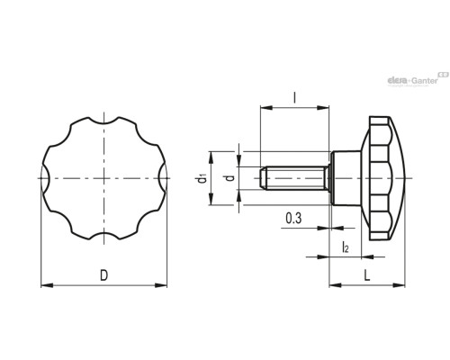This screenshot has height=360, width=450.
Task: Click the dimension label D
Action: pyautogui.click(x=103, y=275)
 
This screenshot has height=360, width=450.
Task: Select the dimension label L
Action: pyautogui.click(x=367, y=275)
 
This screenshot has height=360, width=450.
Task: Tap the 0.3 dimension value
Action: pyautogui.click(x=293, y=218)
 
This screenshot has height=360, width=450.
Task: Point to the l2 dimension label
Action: pyautogui.click(x=346, y=247)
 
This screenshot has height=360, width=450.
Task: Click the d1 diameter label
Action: pyautogui.click(x=202, y=178)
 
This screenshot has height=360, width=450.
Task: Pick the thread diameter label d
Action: pyautogui.click(x=230, y=178)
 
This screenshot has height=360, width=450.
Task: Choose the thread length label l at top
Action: pyautogui.click(x=294, y=97)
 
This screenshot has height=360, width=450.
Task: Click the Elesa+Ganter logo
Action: pyautogui.click(x=418, y=80)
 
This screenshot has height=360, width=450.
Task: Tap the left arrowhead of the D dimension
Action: pyautogui.click(x=47, y=285)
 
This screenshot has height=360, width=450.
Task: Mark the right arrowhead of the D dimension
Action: pyautogui.click(x=161, y=285)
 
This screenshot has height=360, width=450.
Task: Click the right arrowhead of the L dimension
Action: pyautogui.click(x=399, y=284)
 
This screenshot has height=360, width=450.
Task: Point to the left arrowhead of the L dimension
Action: pyautogui.click(x=336, y=284)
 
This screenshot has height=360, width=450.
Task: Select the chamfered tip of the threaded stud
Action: pyautogui.click(x=262, y=178)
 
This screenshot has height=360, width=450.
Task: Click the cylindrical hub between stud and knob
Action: pyautogui.click(x=346, y=178)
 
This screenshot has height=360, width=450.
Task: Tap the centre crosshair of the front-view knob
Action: pyautogui.click(x=103, y=178)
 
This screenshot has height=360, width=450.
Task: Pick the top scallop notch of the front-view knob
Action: pyautogui.click(x=103, y=121)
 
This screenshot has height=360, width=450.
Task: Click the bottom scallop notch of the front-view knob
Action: pyautogui.click(x=103, y=236)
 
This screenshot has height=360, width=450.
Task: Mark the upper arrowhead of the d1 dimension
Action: pyautogui.click(x=211, y=157)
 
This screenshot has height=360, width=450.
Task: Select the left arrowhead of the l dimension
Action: pyautogui.click(x=266, y=107)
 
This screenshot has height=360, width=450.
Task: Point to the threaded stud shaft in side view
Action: pyautogui.click(x=294, y=178)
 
